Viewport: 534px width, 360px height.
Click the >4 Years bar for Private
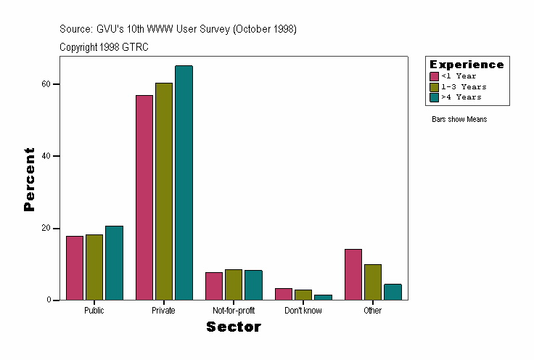pyautogui.click(x=184, y=183)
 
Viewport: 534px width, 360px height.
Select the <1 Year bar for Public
pyautogui.click(x=75, y=268)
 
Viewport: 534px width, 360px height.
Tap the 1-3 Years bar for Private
pyautogui.click(x=164, y=192)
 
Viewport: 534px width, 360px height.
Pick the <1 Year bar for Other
pyautogui.click(x=353, y=274)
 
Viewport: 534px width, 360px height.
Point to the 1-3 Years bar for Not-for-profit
pyautogui.click(x=234, y=285)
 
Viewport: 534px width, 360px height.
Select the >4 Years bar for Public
pyautogui.click(x=114, y=263)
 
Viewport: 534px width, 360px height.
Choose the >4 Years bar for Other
pyautogui.click(x=393, y=292)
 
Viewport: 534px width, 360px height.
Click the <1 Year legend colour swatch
pyautogui.click(x=435, y=76)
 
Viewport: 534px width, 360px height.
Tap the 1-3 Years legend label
pyautogui.click(x=464, y=86)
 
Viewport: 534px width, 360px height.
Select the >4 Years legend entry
pyautogui.click(x=461, y=97)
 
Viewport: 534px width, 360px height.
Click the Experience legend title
pyautogui.click(x=467, y=65)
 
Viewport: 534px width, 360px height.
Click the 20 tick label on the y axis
pyautogui.click(x=46, y=228)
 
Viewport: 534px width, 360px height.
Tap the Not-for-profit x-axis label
pyautogui.click(x=234, y=311)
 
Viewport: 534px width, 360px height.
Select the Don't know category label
pyautogui.click(x=303, y=311)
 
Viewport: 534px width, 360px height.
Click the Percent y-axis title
pyautogui.click(x=30, y=179)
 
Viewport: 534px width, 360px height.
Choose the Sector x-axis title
pyautogui.click(x=234, y=327)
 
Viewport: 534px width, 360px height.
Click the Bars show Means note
pyautogui.click(x=459, y=119)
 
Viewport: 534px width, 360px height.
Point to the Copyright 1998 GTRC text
pyautogui.click(x=104, y=46)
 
